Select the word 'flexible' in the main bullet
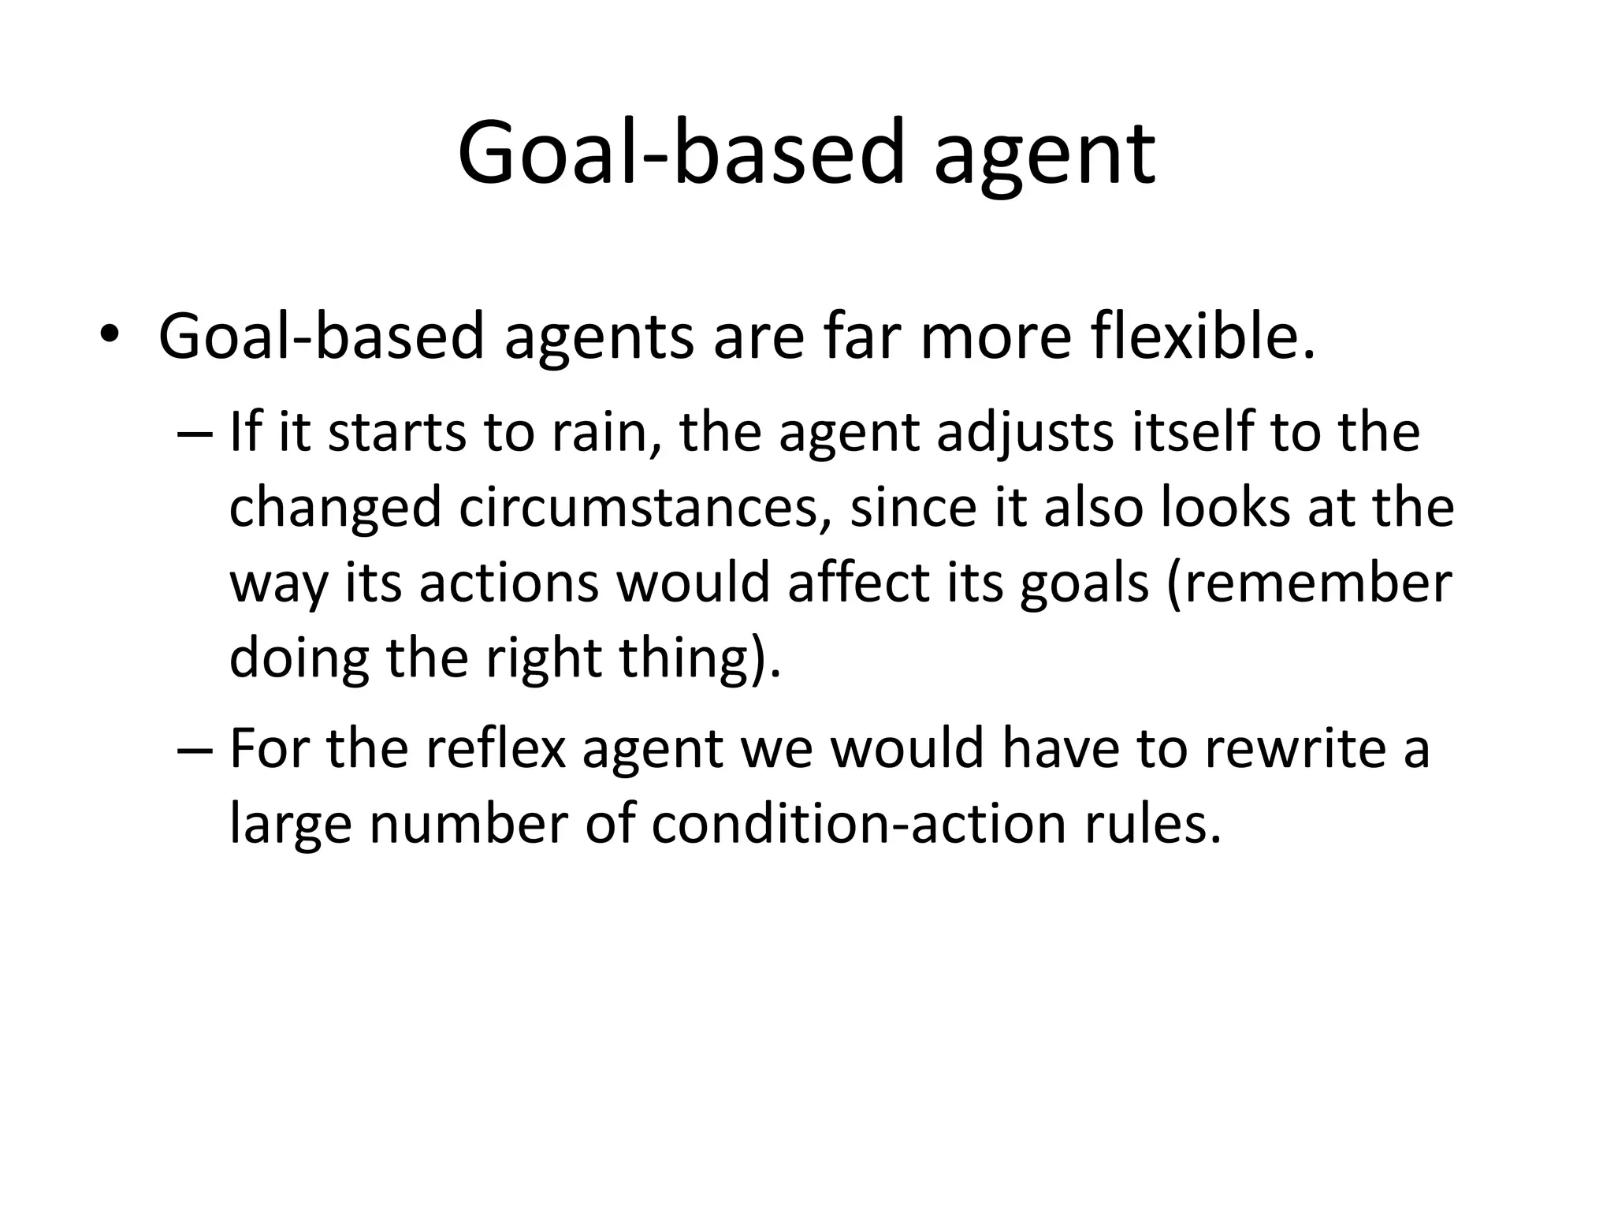pyautogui.click(x=1202, y=337)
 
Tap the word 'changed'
pyautogui.click(x=334, y=509)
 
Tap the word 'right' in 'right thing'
pyautogui.click(x=544, y=658)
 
